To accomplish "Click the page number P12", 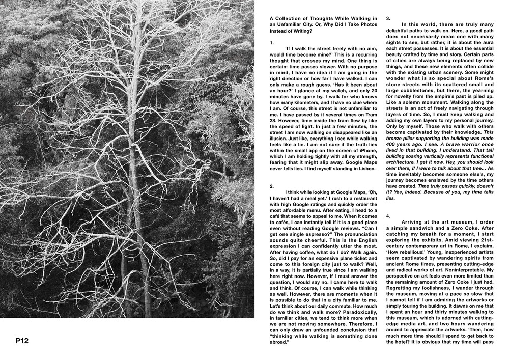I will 22,341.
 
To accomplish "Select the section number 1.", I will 272,43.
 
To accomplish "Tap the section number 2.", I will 272,186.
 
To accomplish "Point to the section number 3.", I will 388,19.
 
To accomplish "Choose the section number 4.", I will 388,215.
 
